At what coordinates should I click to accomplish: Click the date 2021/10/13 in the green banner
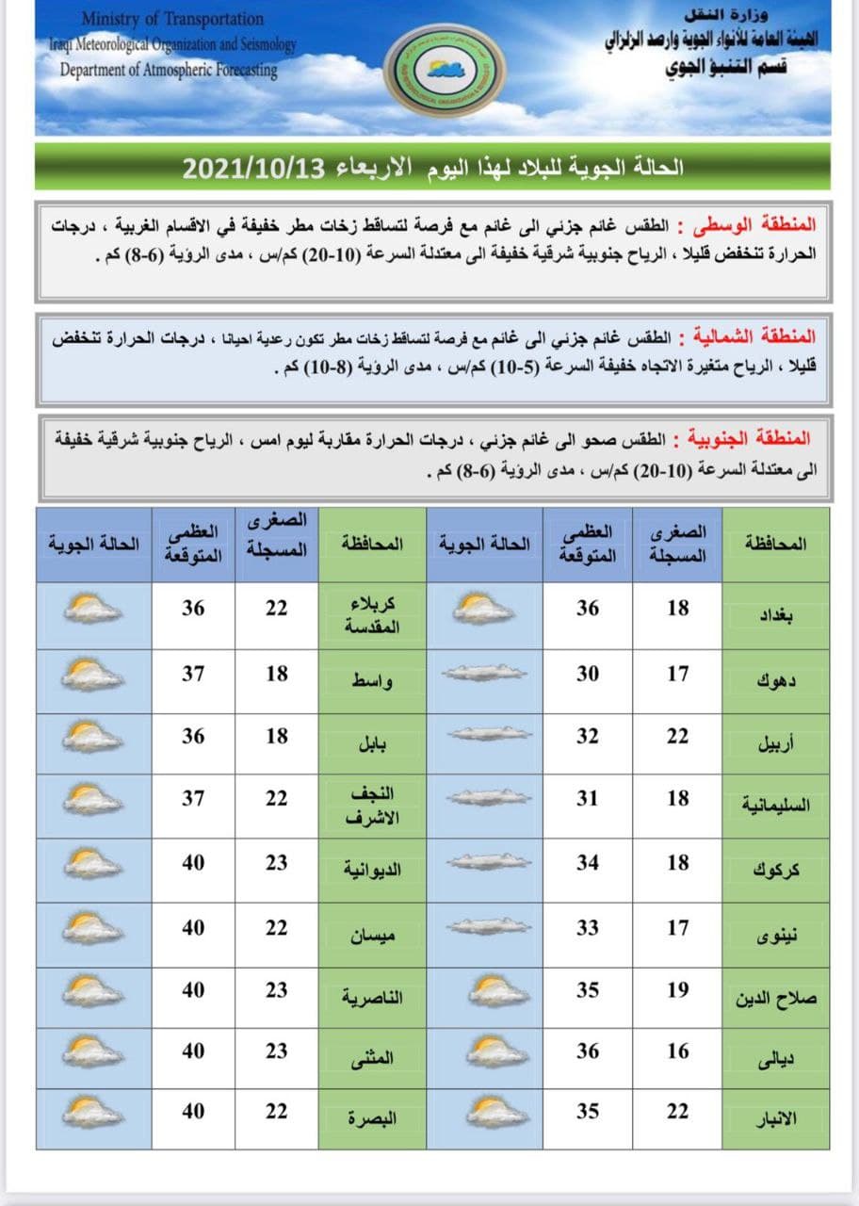pyautogui.click(x=252, y=169)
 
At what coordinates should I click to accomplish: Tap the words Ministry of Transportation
pyautogui.click(x=172, y=19)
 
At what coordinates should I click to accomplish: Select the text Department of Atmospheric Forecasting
pyautogui.click(x=169, y=69)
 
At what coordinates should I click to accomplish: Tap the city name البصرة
pyautogui.click(x=372, y=1118)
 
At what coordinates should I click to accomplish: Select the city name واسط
pyautogui.click(x=372, y=680)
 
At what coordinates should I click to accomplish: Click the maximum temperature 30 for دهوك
pyautogui.click(x=588, y=674)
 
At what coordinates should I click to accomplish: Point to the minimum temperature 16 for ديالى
pyautogui.click(x=678, y=1051)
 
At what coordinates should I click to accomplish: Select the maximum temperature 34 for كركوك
pyautogui.click(x=588, y=862)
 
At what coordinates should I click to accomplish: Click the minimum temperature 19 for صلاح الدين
pyautogui.click(x=678, y=989)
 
